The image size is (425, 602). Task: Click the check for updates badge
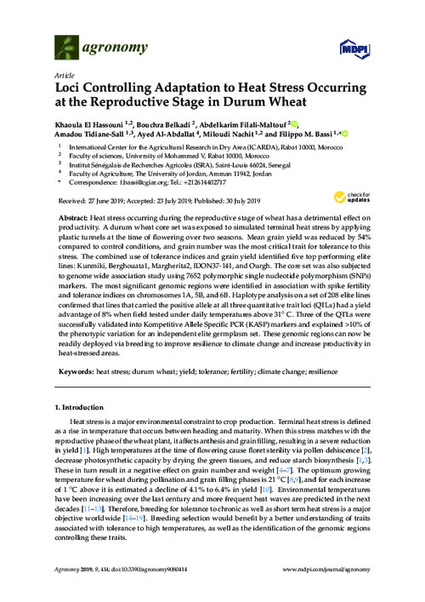[x=360, y=198]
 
